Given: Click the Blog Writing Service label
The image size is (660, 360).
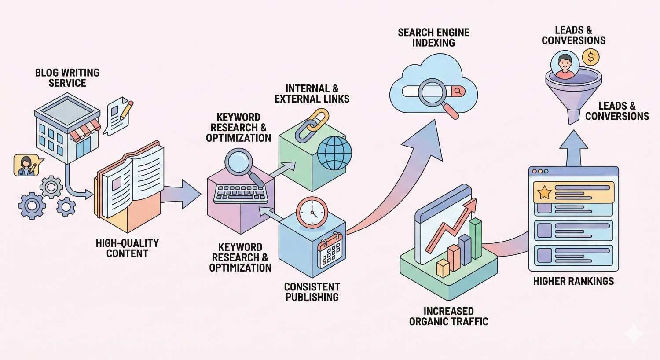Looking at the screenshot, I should [x=67, y=77].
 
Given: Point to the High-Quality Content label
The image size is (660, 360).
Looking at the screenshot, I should [x=127, y=248].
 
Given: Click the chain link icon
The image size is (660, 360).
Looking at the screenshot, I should [x=312, y=125].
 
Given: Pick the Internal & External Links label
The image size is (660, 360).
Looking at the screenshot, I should [x=312, y=93].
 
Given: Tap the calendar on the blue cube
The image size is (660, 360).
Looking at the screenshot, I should [x=331, y=250].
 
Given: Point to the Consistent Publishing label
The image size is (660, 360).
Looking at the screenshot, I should [x=312, y=292].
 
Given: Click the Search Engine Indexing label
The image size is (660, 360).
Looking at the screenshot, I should [x=433, y=37].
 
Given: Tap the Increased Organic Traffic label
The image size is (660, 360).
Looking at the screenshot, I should [x=448, y=316].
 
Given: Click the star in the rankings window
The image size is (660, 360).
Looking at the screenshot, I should [x=544, y=192].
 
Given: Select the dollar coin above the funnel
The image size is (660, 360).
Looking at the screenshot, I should [x=590, y=57].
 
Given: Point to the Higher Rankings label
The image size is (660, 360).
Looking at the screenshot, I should [x=573, y=281].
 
